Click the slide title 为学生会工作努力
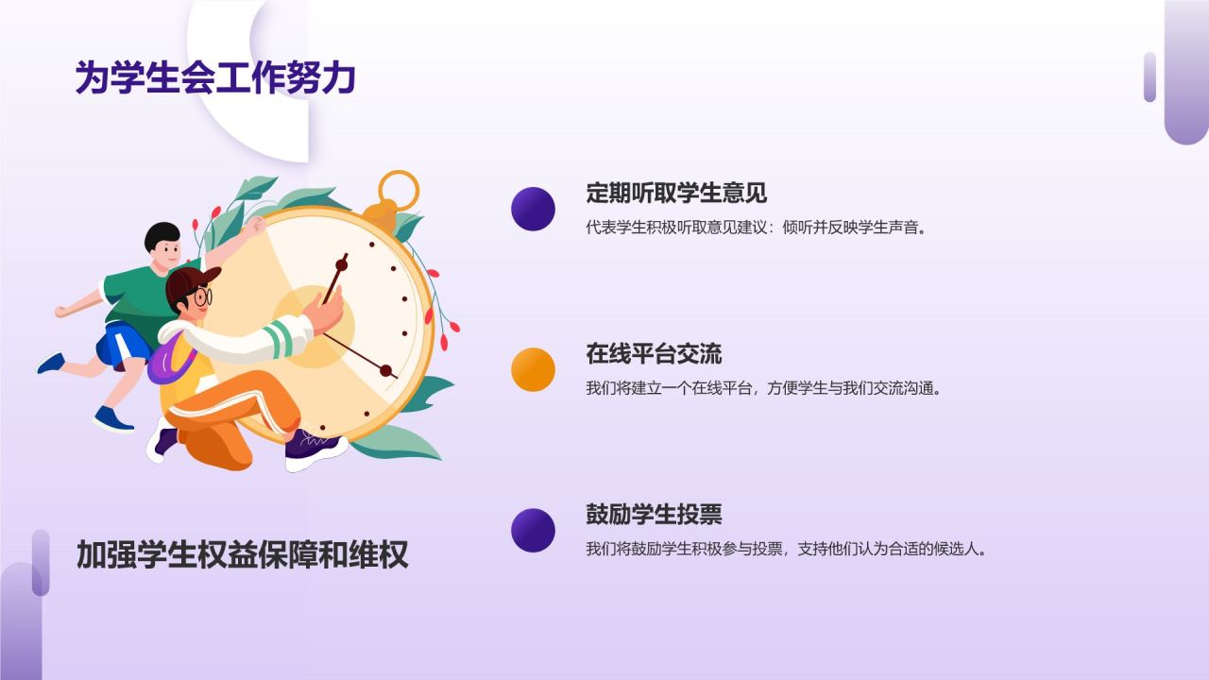click(x=215, y=78)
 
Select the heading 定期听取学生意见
click(x=675, y=194)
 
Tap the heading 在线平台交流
click(x=654, y=354)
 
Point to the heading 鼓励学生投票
click(x=654, y=515)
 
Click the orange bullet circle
click(x=533, y=369)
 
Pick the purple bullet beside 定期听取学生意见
click(x=533, y=209)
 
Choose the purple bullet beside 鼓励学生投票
click(x=533, y=530)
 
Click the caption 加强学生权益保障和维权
click(x=242, y=554)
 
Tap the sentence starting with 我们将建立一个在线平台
click(x=764, y=388)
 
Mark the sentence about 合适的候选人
click(x=786, y=549)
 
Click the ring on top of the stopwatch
click(x=398, y=189)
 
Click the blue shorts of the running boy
click(x=120, y=345)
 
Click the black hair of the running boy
click(x=162, y=235)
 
